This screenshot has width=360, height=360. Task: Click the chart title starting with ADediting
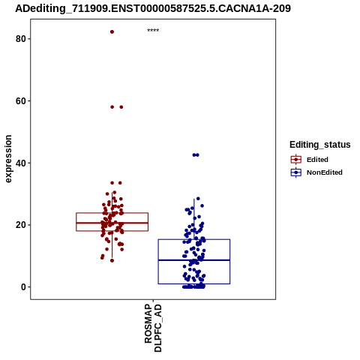[153, 8]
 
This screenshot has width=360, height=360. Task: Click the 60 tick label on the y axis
[21, 100]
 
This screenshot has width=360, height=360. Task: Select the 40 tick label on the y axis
[21, 163]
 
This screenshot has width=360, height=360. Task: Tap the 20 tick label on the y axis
[21, 225]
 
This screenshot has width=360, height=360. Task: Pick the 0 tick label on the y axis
[23, 286]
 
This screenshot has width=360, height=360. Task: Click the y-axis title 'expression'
[8, 159]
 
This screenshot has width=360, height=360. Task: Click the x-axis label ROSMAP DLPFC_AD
[153, 328]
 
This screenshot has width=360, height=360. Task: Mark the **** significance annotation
[153, 31]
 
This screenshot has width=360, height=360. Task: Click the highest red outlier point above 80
[112, 31]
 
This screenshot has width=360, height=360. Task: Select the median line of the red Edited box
[112, 223]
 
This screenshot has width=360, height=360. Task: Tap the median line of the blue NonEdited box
[194, 260]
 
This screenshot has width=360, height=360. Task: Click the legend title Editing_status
[320, 145]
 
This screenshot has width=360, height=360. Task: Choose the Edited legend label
[317, 160]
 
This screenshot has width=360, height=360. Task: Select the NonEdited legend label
[325, 172]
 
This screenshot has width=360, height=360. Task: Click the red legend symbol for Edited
[296, 160]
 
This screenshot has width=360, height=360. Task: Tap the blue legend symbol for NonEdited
[296, 172]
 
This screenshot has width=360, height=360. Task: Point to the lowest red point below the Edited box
[112, 260]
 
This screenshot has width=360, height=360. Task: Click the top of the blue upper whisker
[194, 199]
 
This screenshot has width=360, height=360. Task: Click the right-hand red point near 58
[121, 107]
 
